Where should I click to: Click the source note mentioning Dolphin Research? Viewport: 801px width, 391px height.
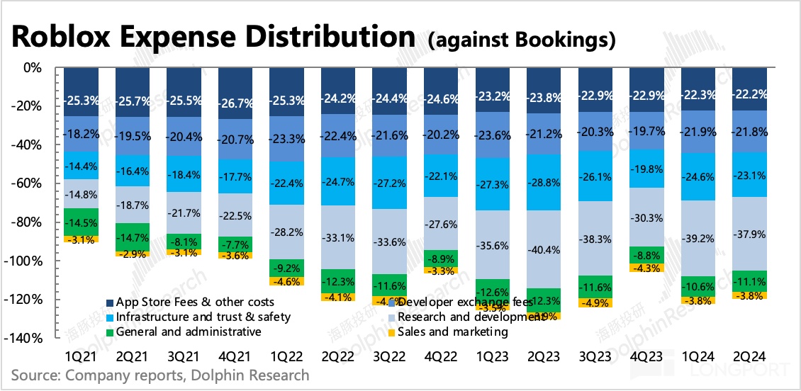click(160, 375)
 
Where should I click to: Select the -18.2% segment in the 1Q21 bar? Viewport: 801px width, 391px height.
click(81, 132)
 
